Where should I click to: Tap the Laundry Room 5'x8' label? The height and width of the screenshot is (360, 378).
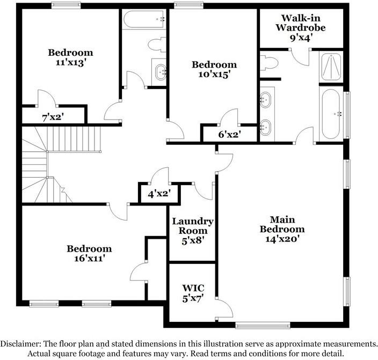[x=193, y=231]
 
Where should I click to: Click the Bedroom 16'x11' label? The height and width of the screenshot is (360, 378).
[x=89, y=253]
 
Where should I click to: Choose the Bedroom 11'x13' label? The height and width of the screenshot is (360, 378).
[x=70, y=57]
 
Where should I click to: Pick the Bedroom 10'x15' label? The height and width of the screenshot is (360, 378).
[x=214, y=70]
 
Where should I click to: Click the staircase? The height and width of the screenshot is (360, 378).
[x=59, y=161]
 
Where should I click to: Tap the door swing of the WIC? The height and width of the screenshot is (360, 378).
[x=224, y=307]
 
